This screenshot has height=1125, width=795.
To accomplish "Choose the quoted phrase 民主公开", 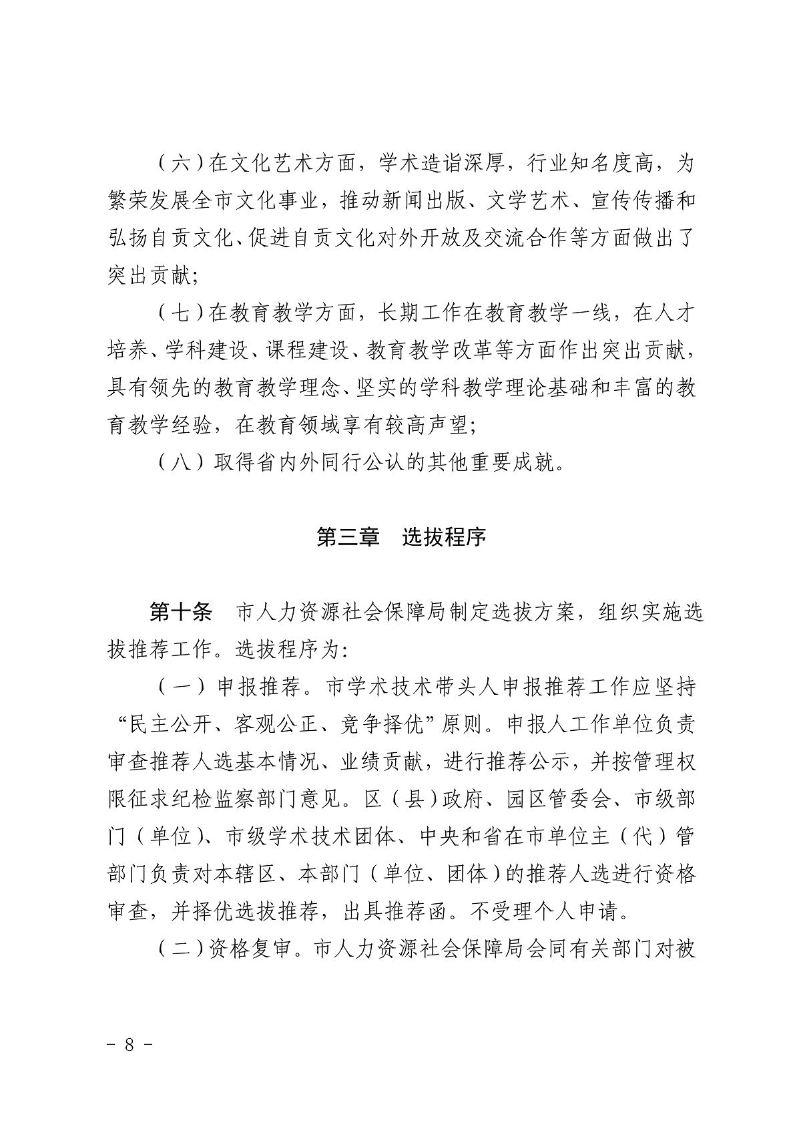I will click(x=162, y=725).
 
